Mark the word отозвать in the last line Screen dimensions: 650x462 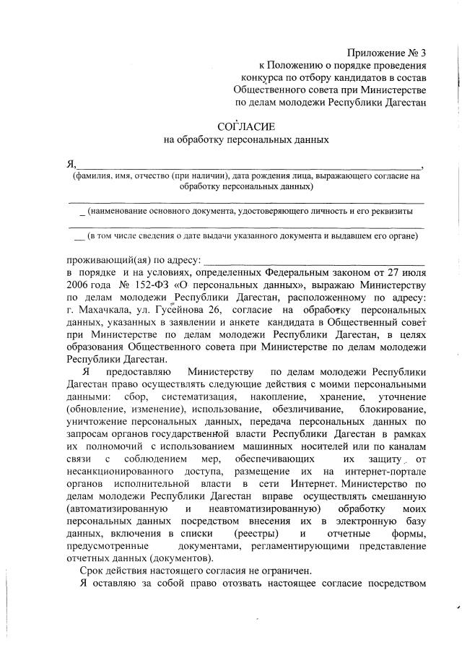point(268,584)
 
